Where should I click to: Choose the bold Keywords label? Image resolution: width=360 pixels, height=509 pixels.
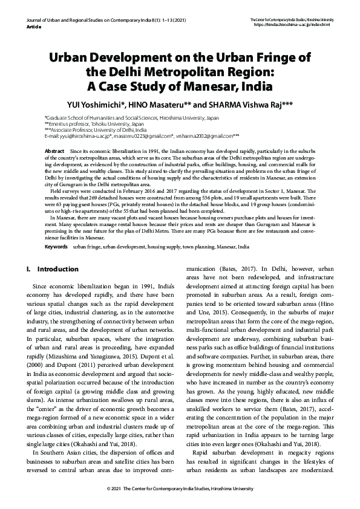pos(57,247)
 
